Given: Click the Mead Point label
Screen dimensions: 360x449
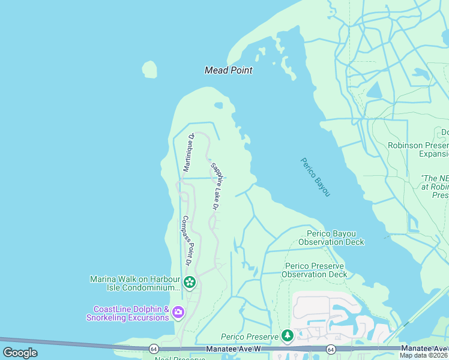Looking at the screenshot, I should click(228, 70).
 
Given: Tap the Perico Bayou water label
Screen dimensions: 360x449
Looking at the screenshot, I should click(315, 177).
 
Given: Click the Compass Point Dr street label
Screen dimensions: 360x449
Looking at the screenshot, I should click(186, 241).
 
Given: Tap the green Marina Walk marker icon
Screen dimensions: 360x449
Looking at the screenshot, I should click(190, 282).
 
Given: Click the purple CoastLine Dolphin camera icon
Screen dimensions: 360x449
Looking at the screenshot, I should click(178, 312).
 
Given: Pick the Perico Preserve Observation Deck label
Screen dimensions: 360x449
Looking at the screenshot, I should click(316, 270).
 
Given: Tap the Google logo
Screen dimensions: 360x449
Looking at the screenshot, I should click(20, 353).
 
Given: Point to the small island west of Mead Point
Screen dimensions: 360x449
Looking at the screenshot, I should click(149, 69).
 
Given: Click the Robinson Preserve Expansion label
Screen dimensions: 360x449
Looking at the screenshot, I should click(418, 149).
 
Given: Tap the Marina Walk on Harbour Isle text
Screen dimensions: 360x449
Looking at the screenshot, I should click(135, 283).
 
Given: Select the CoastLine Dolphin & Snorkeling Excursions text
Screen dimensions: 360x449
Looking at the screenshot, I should click(130, 313).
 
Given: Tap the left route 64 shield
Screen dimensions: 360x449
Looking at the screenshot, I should click(154, 349).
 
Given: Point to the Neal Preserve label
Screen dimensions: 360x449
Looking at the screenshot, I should click(179, 358).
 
